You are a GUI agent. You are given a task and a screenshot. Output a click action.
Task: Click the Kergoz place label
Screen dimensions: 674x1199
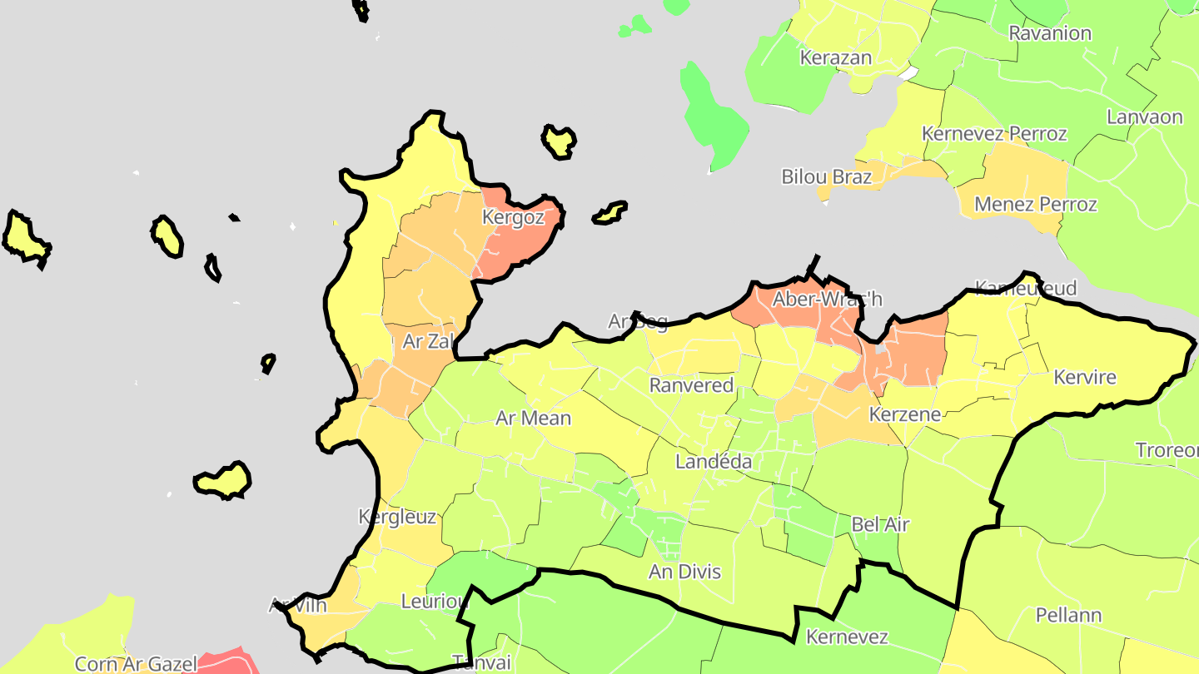click(513, 218)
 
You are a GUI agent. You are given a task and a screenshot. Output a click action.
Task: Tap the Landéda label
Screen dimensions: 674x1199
click(714, 462)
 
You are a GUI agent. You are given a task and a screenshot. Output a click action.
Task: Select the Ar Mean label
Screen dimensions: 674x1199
click(533, 418)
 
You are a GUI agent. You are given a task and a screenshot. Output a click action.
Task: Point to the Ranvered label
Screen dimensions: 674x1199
click(691, 385)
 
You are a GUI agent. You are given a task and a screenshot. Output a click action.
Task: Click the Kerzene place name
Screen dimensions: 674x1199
click(904, 414)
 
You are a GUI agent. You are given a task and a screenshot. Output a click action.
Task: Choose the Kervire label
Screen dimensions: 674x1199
click(1084, 377)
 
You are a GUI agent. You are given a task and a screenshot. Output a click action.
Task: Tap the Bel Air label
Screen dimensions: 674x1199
click(880, 525)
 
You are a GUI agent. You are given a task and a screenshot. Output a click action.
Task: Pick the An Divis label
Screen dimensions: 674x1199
click(684, 572)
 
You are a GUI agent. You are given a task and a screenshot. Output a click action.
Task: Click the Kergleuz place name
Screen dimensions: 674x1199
click(397, 517)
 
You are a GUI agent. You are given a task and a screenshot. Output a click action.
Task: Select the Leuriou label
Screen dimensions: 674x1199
click(435, 602)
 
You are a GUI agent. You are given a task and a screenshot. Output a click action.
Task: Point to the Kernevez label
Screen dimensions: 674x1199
click(847, 637)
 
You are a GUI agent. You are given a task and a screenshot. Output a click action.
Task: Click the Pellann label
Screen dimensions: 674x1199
click(1068, 616)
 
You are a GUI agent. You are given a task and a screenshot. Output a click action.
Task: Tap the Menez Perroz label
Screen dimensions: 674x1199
click(1036, 204)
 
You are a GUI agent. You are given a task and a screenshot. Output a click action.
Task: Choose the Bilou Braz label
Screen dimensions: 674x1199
click(826, 177)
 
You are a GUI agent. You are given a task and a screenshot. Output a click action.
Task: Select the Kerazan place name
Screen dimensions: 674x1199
click(835, 57)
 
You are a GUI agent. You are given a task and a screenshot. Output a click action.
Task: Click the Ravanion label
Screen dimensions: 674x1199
click(1049, 33)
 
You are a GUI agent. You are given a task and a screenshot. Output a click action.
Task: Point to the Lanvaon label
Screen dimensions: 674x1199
click(1144, 116)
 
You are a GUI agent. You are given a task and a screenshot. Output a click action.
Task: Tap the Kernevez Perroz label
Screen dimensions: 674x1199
click(994, 133)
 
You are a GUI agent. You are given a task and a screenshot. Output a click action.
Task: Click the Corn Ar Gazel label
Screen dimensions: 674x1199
click(136, 664)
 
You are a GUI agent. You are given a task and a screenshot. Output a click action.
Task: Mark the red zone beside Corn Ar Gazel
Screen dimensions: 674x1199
click(226, 662)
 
